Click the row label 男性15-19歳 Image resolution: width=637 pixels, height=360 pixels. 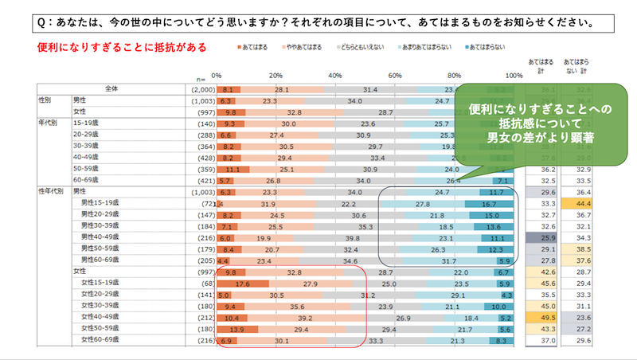point(102,204)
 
